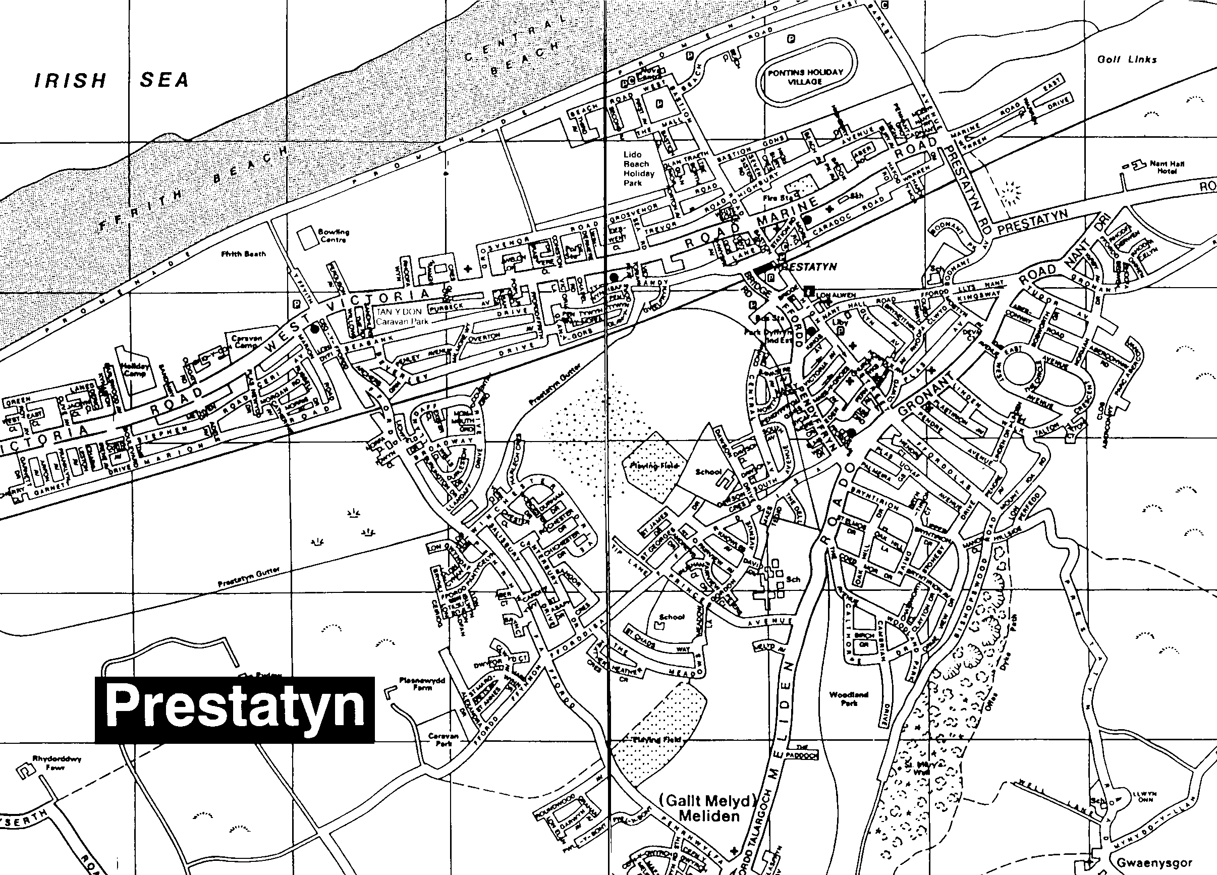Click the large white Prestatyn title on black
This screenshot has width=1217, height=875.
[235, 709]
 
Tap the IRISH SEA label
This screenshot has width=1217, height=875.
[112, 81]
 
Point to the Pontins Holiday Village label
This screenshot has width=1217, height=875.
[805, 77]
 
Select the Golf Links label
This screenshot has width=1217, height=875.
[1127, 60]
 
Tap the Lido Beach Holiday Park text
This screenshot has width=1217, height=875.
[639, 169]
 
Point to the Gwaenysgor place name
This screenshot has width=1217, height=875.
[1154, 863]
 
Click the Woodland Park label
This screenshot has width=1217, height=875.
[849, 698]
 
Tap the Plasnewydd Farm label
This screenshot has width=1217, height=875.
[422, 684]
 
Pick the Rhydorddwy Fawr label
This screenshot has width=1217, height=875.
[57, 763]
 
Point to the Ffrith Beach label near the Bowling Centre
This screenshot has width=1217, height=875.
[244, 254]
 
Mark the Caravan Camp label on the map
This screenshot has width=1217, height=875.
[246, 342]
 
